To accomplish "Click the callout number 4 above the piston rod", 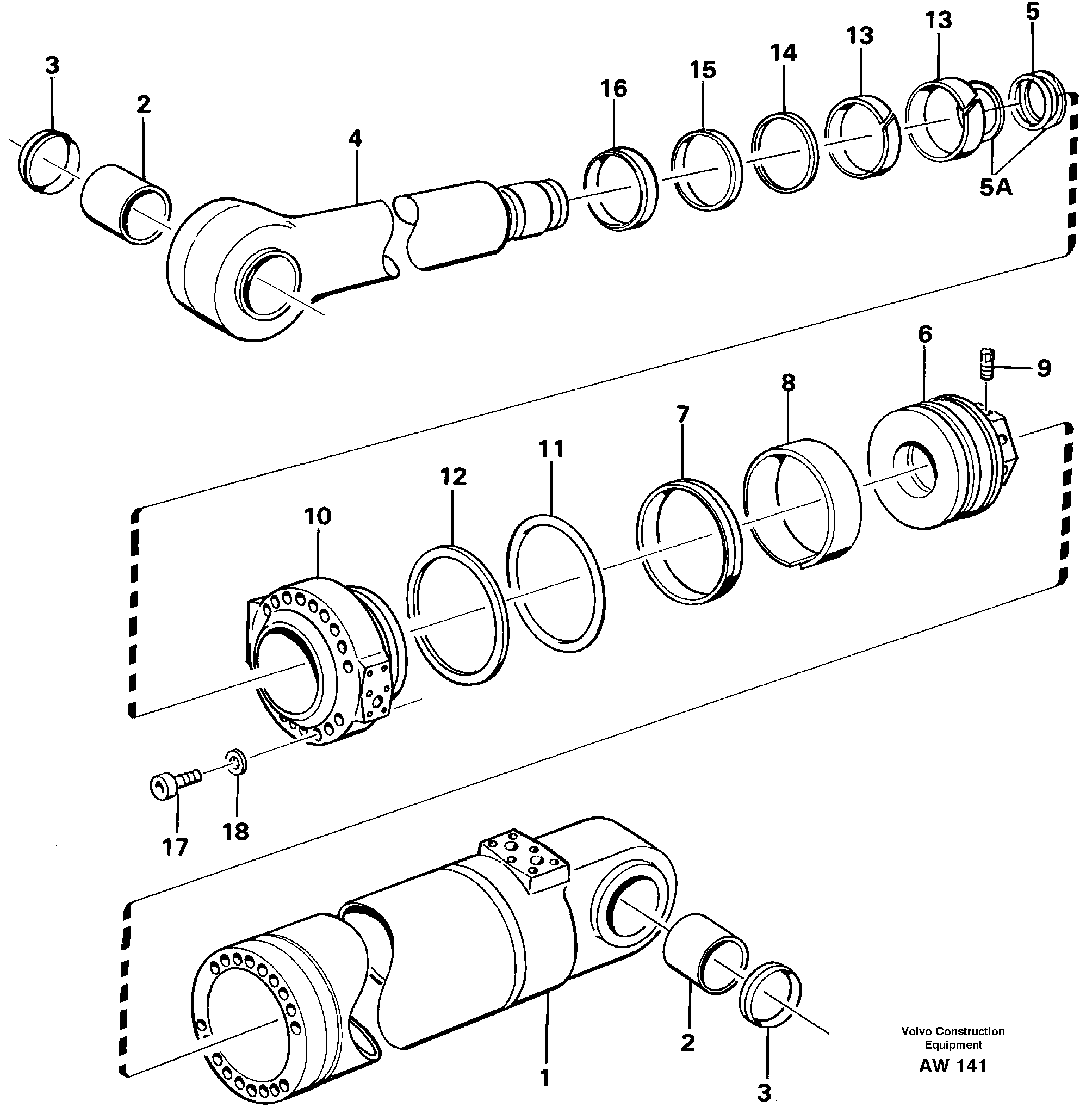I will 355,139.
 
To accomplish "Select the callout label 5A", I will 996,187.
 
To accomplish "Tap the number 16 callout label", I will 613,89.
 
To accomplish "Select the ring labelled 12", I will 457,614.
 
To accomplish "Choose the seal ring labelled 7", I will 688,540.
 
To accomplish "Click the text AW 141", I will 952,1066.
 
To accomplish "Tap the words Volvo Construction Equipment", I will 952,1038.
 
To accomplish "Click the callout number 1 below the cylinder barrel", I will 544,1077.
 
